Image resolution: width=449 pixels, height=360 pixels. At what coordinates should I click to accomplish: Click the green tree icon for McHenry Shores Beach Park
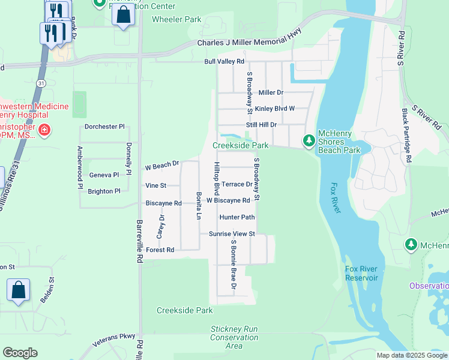[x=309, y=140]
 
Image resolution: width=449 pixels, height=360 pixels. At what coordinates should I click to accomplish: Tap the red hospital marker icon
[x=44, y=130]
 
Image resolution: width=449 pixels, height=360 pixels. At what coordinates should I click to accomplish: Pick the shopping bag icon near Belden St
[x=19, y=290]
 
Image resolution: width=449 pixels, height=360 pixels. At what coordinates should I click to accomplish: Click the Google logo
[x=20, y=353]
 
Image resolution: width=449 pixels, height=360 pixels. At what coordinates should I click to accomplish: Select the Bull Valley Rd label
[x=224, y=62]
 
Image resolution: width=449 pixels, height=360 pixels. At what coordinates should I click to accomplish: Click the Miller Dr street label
[x=270, y=92]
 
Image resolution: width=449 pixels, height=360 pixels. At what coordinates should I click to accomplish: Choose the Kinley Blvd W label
[x=274, y=109]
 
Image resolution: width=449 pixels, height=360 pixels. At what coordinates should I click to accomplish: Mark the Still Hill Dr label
[x=261, y=125]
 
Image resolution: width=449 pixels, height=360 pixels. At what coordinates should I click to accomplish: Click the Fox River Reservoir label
[x=361, y=273]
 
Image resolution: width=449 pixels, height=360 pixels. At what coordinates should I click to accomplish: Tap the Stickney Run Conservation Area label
[x=234, y=337]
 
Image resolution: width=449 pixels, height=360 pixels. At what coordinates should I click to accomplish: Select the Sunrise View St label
[x=232, y=233]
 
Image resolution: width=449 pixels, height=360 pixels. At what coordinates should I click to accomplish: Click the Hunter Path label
[x=237, y=217]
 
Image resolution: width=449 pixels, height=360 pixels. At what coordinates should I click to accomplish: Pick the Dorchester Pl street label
[x=104, y=127]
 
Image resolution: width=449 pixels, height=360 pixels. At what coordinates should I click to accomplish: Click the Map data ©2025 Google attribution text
[x=411, y=355]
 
